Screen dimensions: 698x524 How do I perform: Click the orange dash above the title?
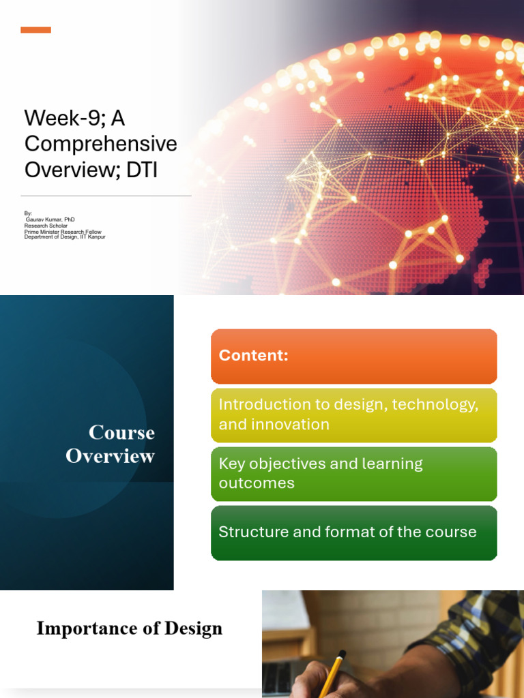35,30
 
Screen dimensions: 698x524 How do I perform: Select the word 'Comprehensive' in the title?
100,144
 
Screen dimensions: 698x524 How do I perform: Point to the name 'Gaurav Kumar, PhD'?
50,219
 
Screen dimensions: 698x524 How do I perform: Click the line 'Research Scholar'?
46,226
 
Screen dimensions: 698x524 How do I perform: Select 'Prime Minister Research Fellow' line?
62,232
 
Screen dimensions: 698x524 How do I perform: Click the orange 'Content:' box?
353,356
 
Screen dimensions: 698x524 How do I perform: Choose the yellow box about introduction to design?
353,414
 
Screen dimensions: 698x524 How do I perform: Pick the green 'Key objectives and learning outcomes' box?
353,473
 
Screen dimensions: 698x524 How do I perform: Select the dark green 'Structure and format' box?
353,532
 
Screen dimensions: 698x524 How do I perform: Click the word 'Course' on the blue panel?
121,433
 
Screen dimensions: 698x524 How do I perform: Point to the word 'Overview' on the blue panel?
111,456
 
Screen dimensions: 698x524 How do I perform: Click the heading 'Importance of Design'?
130,628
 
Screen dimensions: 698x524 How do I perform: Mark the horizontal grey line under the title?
106,196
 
